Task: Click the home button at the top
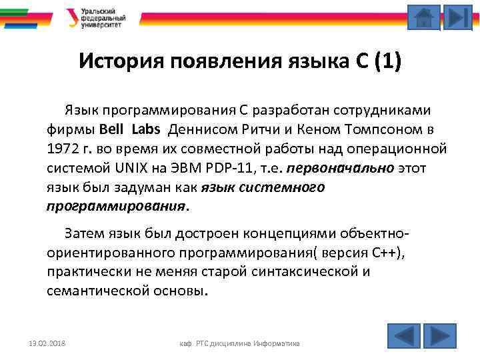423,17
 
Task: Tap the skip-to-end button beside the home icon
457,17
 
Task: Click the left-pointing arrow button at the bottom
403,335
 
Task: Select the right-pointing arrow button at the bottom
439,335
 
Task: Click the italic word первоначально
339,167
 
